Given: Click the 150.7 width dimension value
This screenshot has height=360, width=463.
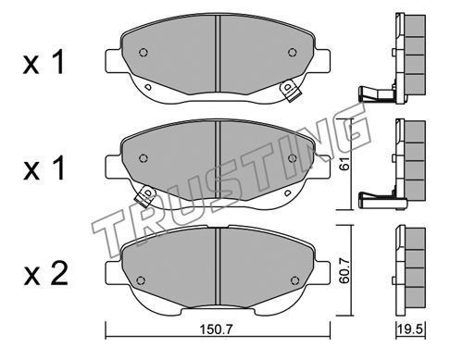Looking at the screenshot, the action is [216, 329].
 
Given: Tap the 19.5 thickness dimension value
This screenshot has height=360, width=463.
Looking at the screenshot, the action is [411, 329].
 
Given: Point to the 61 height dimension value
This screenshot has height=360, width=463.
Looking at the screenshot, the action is [345, 164].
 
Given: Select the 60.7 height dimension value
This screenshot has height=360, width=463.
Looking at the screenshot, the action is [344, 271].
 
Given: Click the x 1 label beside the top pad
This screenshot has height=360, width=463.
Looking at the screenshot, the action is [44, 63].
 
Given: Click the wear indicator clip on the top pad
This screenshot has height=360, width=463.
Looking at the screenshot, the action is [290, 91].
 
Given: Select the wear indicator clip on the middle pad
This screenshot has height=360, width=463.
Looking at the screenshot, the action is [144, 196].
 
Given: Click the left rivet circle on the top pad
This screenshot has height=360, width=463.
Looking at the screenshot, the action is [144, 53].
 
